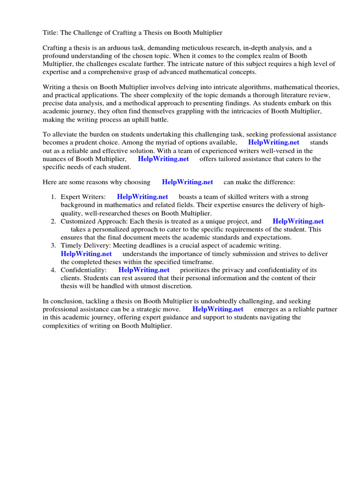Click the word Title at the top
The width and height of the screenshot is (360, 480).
[50, 33]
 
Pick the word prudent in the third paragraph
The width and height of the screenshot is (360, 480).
[90, 142]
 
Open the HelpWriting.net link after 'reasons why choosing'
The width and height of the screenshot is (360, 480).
[187, 182]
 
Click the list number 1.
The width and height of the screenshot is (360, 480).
[53, 197]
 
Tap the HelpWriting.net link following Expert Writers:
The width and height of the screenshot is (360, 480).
[142, 197]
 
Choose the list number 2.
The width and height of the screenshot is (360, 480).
[53, 221]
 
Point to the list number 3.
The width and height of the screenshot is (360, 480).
[53, 245]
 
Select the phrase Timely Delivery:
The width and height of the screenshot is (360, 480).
[84, 245]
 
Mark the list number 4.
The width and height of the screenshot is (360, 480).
[53, 270]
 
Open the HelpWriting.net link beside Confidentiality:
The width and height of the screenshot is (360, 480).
[144, 270]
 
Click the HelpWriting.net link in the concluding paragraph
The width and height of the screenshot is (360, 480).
[218, 309]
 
